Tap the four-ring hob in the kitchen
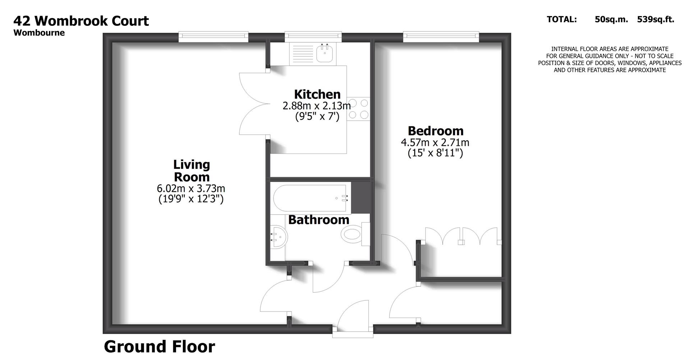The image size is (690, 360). pyautogui.click(x=358, y=109)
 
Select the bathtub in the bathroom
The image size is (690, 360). pyautogui.click(x=309, y=198)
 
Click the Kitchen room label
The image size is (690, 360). pyautogui.click(x=317, y=94)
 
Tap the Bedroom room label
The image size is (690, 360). pyautogui.click(x=435, y=130)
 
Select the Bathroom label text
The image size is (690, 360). pyautogui.click(x=318, y=220)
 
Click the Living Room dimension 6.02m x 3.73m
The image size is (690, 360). pyautogui.click(x=191, y=188)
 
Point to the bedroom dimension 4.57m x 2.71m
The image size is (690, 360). pyautogui.click(x=435, y=142)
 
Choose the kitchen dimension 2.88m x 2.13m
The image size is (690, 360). pyautogui.click(x=316, y=106)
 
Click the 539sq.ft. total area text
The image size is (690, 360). pyautogui.click(x=655, y=19)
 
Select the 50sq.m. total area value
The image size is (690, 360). pyautogui.click(x=611, y=19)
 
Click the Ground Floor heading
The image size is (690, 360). pyautogui.click(x=159, y=347)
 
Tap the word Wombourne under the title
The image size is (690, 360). pyautogui.click(x=39, y=33)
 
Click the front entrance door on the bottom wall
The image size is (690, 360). pyautogui.click(x=353, y=331)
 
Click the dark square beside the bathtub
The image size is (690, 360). pyautogui.click(x=360, y=197)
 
